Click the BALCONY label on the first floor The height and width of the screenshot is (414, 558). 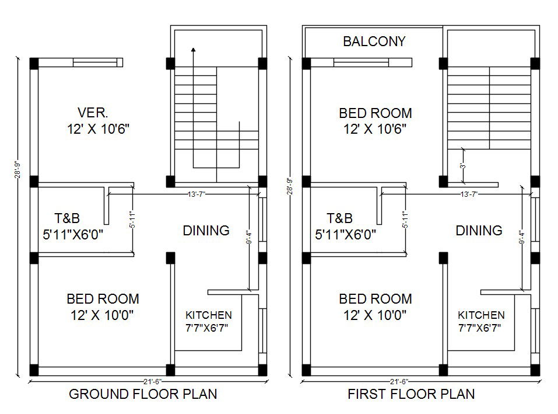pos(374,41)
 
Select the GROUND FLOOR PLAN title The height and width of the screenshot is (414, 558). pos(143,394)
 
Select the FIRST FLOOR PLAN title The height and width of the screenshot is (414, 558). pos(411,394)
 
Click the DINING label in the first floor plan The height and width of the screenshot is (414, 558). pos(479,231)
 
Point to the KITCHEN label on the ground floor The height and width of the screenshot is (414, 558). pos(208,315)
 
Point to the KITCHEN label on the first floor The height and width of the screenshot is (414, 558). pos(481,315)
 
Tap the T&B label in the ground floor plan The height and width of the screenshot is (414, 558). pos(67,219)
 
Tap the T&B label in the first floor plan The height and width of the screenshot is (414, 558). pos(339,219)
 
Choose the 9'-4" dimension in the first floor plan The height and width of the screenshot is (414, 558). pos(521,239)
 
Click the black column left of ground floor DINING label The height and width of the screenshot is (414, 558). pos(170,258)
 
